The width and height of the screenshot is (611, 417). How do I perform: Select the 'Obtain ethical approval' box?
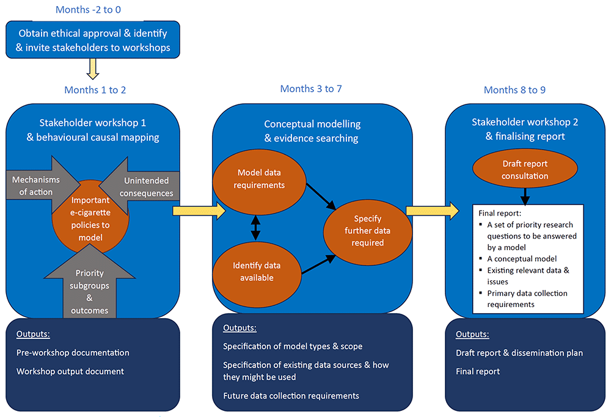point(93,40)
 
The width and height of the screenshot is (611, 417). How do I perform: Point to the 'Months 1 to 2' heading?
point(95,90)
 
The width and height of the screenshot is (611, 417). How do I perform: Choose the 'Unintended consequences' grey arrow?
point(147,187)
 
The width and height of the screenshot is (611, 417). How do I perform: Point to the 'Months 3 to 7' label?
point(311,89)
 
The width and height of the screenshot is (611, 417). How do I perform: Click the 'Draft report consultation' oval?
point(525,170)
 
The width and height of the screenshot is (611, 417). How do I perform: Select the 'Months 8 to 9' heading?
point(514,90)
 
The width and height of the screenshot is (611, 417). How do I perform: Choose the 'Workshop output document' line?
point(70,371)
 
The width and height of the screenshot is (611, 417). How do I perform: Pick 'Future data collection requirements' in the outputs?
point(291,396)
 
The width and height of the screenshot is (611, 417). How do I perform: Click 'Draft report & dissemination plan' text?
point(519,353)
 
